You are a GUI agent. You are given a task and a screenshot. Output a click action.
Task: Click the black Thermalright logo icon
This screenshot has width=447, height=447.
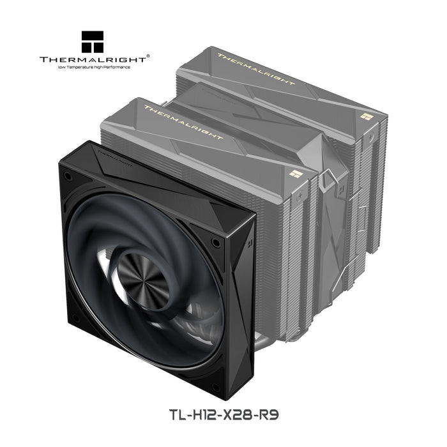(93, 42)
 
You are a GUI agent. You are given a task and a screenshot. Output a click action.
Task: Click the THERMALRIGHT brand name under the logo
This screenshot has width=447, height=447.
(93, 59)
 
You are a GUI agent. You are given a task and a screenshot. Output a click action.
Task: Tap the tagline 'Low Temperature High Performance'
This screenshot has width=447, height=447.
(93, 67)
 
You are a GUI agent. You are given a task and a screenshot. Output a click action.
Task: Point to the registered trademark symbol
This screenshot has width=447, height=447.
(149, 56)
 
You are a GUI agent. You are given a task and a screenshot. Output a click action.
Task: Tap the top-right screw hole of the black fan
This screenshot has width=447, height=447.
(216, 243)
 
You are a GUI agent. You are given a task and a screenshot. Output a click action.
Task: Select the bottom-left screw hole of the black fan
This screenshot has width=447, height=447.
(75, 317)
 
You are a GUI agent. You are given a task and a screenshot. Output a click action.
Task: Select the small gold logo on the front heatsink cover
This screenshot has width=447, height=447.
(294, 172)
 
